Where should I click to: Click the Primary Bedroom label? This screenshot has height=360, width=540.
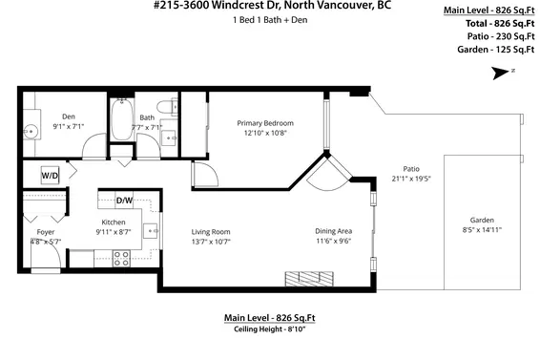pyautogui.click(x=264, y=123)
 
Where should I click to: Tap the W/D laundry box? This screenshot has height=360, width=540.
pyautogui.click(x=49, y=175)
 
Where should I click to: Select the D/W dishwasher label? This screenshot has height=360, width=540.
pyautogui.click(x=124, y=201)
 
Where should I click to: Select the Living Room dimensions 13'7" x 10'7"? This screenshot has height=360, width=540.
pyautogui.click(x=211, y=241)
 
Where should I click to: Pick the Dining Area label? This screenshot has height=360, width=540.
pyautogui.click(x=334, y=230)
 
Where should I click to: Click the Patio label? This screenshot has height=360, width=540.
pyautogui.click(x=411, y=167)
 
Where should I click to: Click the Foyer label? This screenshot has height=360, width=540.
pyautogui.click(x=45, y=232)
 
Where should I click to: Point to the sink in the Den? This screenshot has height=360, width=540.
pyautogui.click(x=31, y=131)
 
